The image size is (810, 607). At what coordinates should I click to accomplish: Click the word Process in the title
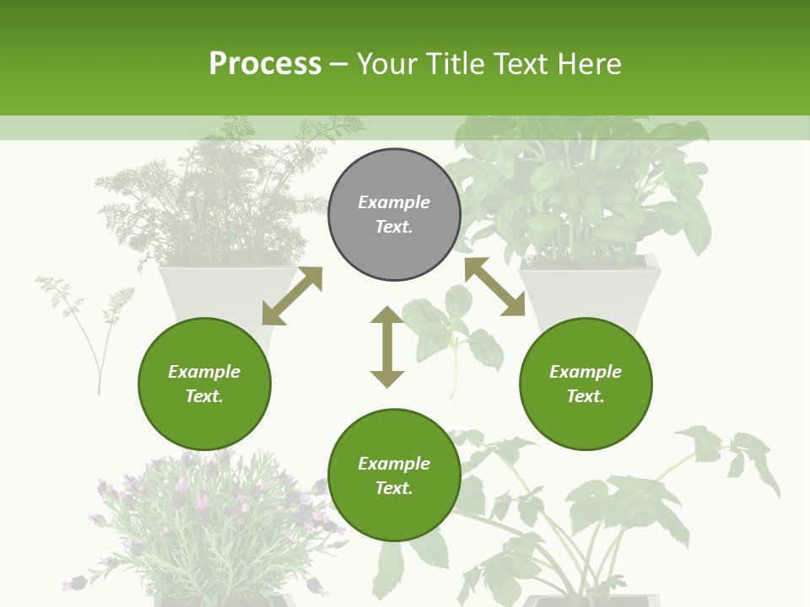265,63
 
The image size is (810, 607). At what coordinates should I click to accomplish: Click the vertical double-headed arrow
387,346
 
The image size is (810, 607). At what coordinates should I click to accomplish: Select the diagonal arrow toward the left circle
292,296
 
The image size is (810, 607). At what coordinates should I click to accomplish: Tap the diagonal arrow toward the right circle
494,287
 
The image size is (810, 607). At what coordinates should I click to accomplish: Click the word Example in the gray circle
394,202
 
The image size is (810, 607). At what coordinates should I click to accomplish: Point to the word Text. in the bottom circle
394,488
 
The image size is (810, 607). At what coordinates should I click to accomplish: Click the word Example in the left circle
204,372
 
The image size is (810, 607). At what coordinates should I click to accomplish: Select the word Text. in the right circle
586,396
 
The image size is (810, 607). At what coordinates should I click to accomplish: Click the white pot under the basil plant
591,291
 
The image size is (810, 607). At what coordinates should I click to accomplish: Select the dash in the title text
339,64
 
